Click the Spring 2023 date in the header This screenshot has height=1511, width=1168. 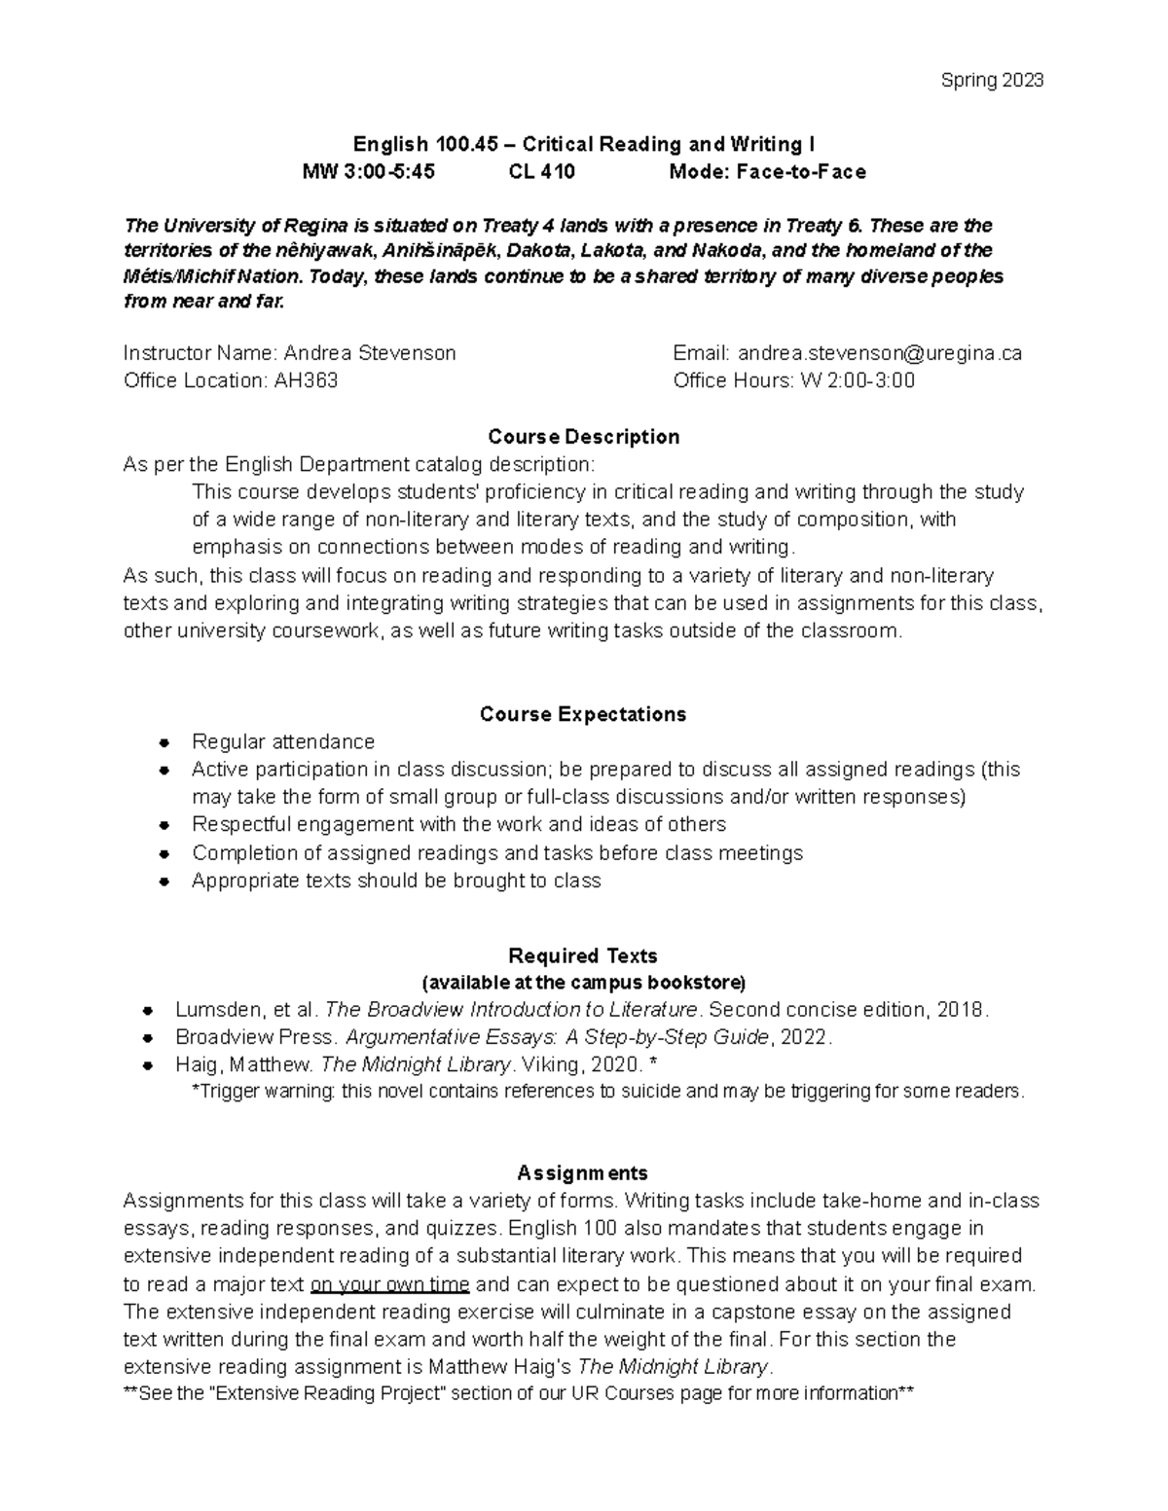[992, 81]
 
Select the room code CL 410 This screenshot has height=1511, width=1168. [541, 172]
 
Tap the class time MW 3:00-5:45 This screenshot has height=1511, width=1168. [369, 172]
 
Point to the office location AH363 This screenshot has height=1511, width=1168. [306, 380]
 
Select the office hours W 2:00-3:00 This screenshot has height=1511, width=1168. [857, 380]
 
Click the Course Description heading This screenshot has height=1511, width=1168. [583, 437]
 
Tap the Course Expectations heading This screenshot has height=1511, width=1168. [583, 714]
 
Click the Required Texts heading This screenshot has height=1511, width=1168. [583, 955]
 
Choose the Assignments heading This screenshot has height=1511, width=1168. [583, 1172]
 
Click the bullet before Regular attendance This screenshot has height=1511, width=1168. [164, 742]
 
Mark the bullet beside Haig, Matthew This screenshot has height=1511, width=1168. [148, 1064]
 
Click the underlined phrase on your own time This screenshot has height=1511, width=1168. [389, 1284]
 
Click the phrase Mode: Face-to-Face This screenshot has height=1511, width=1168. [767, 172]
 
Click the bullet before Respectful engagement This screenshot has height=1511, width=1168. [164, 825]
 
